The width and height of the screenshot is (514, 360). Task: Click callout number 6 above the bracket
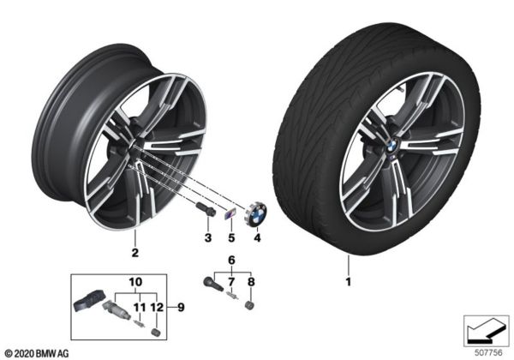[x=230, y=260]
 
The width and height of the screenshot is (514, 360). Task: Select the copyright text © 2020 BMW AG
[x=34, y=351]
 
